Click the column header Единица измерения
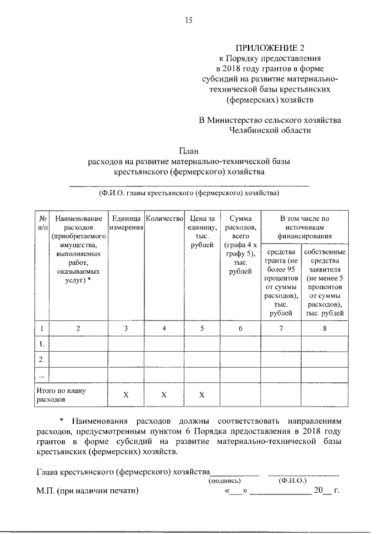click(x=126, y=223)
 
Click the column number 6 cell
click(x=240, y=328)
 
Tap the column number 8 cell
click(x=325, y=328)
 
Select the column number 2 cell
click(x=78, y=328)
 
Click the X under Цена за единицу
click(x=201, y=395)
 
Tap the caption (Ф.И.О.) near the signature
click(x=291, y=480)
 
